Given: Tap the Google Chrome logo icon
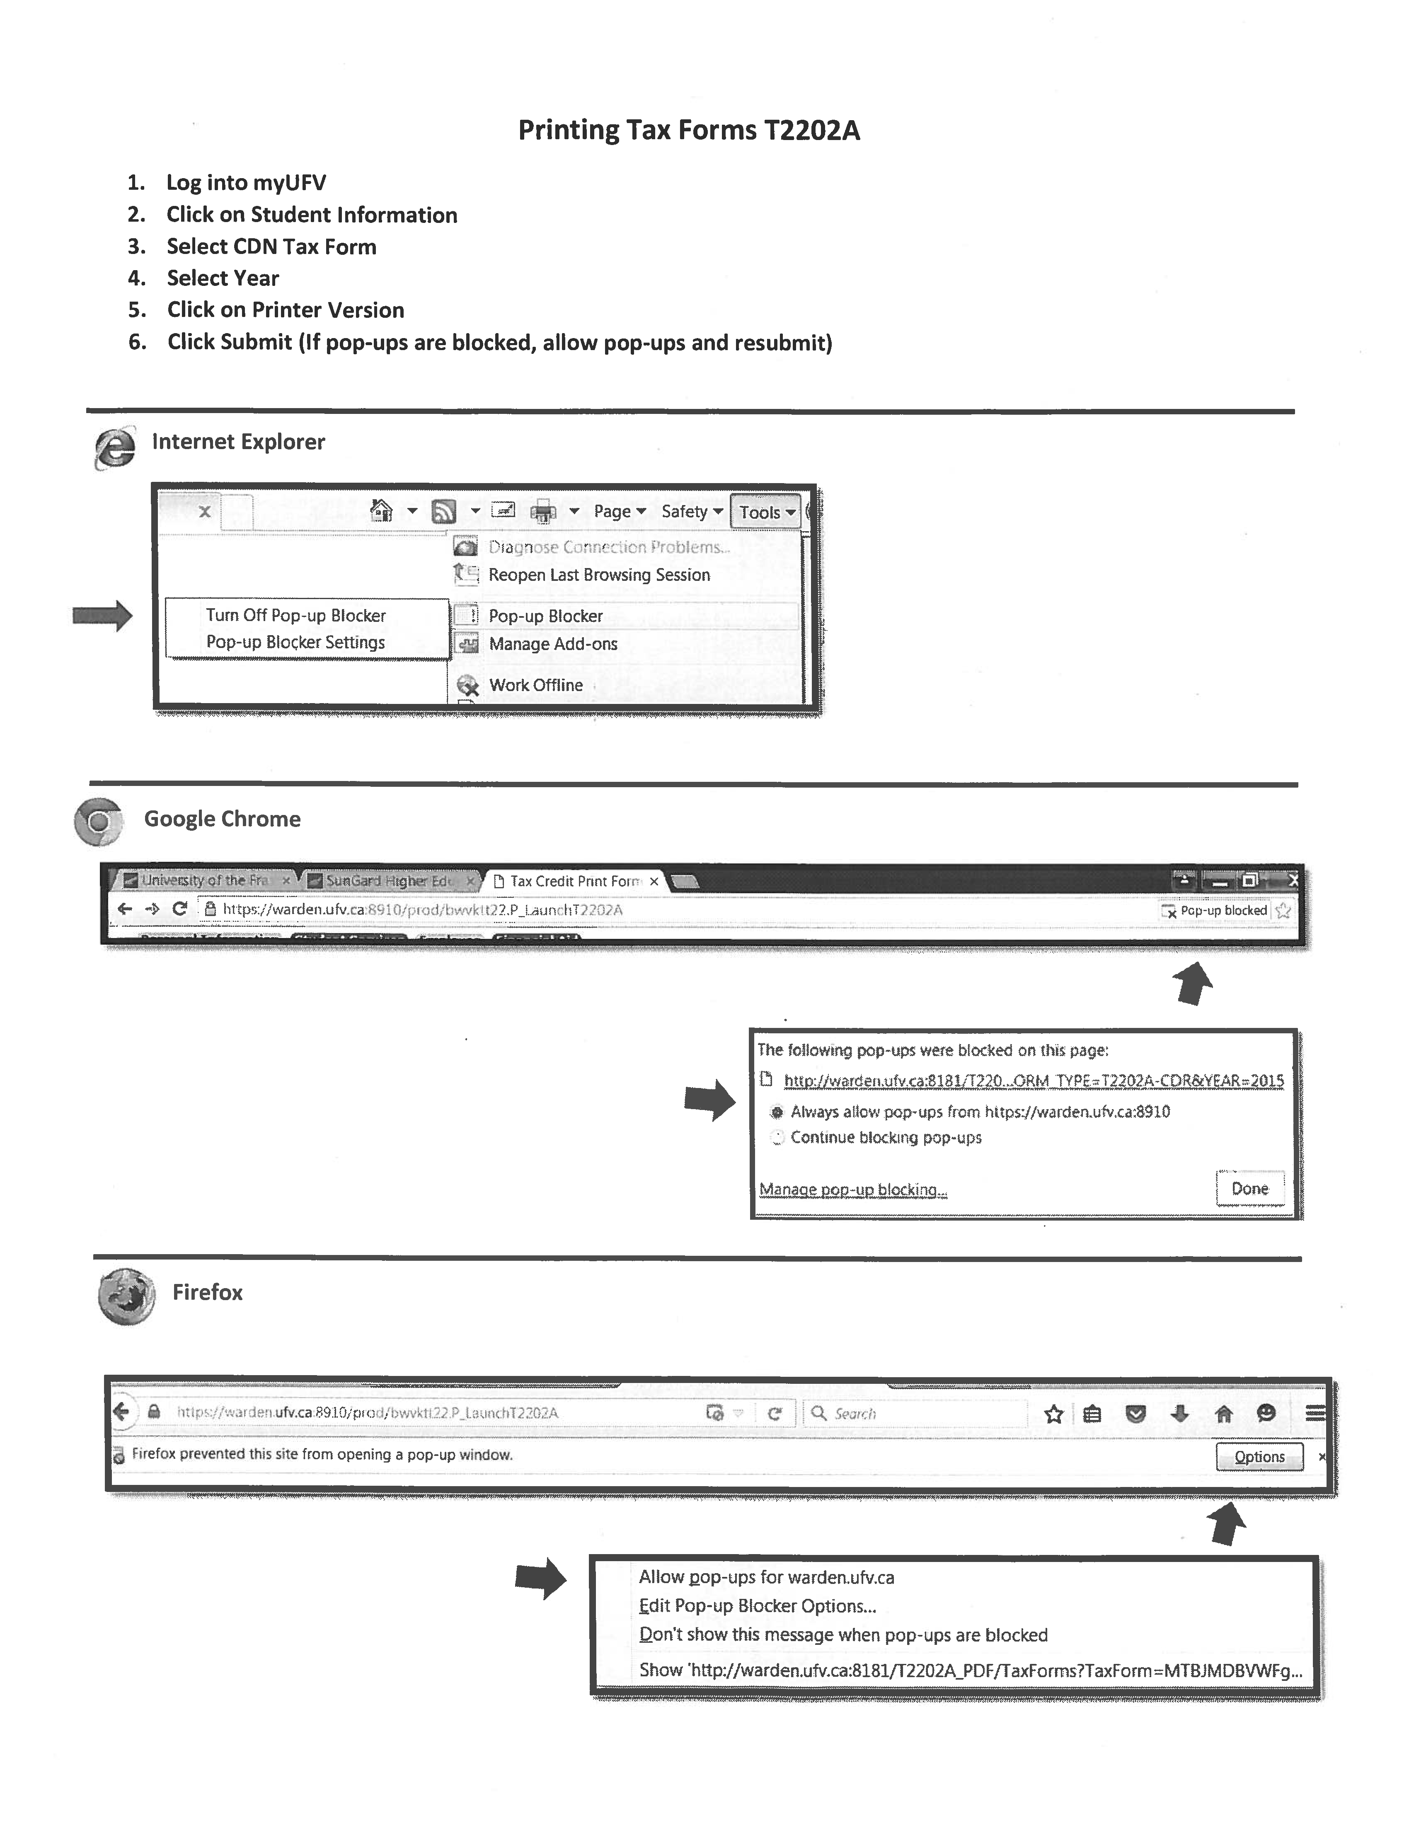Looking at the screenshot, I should pyautogui.click(x=99, y=821).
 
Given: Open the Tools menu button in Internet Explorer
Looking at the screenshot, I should pyautogui.click(x=765, y=512).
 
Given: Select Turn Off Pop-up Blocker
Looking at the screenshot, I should pyautogui.click(x=295, y=615).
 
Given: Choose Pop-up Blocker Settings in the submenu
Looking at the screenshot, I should pyautogui.click(x=295, y=642).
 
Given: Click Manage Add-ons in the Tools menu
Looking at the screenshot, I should pyautogui.click(x=552, y=643).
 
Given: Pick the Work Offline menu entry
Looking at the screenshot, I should pyautogui.click(x=535, y=684).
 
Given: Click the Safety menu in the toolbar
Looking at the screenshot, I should pyautogui.click(x=691, y=511).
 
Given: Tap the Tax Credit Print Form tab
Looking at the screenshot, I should pyautogui.click(x=574, y=880).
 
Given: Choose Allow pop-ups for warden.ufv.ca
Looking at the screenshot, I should pyautogui.click(x=766, y=1577).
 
